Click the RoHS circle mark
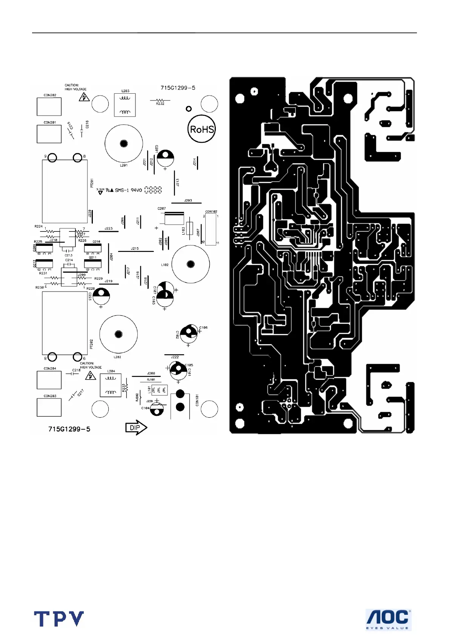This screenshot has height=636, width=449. pos(201,129)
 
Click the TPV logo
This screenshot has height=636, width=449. pos(59,619)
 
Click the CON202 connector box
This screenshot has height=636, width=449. pos(49,107)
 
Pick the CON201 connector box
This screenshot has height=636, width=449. pos(49,134)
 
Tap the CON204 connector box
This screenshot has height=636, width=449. pos(49,380)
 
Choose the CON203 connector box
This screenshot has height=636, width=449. pos(49,407)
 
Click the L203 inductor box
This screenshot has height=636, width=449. pos(125,105)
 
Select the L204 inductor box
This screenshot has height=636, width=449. pos(111,385)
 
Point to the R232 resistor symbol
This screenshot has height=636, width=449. pos(160,100)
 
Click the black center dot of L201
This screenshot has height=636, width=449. pos(124,144)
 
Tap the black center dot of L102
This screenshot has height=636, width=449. pos(191,264)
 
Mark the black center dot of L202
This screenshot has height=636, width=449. pos(118,334)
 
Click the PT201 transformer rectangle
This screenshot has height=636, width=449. pos(65,191)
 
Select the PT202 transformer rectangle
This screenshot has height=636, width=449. pos(65,323)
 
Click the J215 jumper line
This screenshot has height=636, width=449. pos(136,251)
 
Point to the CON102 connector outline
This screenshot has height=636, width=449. pos(211,229)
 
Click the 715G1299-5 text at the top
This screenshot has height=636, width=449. pos(178,88)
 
